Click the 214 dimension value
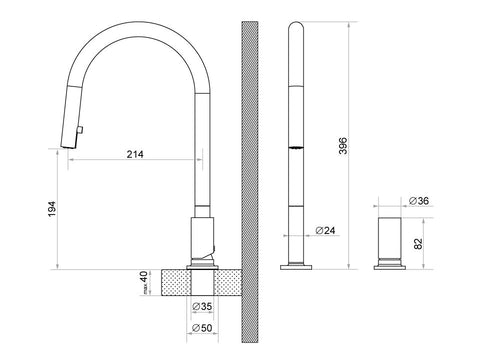point(135,154)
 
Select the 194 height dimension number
point(52,209)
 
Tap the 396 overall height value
point(343,145)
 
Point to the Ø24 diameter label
point(325,230)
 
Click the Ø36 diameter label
point(419,201)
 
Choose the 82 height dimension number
point(418,244)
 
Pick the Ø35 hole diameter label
point(202,306)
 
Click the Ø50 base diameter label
point(202,328)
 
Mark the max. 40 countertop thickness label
point(144,283)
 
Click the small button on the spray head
point(80,130)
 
